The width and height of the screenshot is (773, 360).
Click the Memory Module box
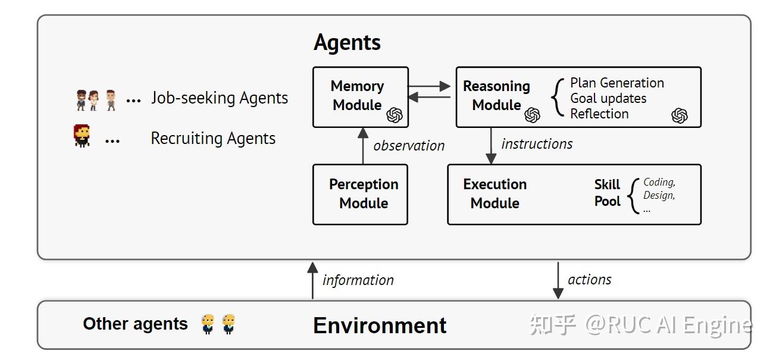click(x=360, y=96)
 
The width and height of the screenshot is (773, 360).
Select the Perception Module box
click(x=360, y=194)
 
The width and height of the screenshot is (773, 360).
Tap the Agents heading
click(x=347, y=43)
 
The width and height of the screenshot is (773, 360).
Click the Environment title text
click(x=380, y=325)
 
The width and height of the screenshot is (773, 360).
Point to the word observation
click(x=409, y=146)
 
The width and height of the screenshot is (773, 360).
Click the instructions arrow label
click(x=537, y=144)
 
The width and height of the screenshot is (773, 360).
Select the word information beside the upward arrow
click(x=358, y=280)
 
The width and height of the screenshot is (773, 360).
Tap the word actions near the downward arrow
click(x=589, y=280)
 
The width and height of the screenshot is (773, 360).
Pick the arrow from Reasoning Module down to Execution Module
click(x=491, y=145)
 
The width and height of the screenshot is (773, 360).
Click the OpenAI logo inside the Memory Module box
click(x=395, y=115)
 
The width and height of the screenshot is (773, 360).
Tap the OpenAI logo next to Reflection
click(x=679, y=115)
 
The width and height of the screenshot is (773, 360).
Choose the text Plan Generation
click(x=616, y=83)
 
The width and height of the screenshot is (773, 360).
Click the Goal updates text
click(x=608, y=98)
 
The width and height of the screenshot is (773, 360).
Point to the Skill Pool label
click(x=607, y=193)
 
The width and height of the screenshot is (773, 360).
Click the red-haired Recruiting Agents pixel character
click(x=82, y=136)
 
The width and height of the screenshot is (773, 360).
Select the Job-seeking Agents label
click(x=219, y=98)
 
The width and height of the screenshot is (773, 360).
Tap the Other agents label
click(x=135, y=324)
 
